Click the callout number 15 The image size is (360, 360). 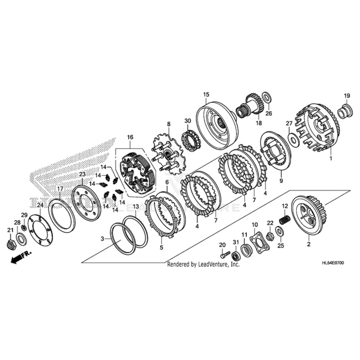(x=206, y=94)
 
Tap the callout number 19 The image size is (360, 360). (x=347, y=95)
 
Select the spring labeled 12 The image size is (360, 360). (x=284, y=219)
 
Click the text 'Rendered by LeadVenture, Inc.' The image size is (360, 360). (x=203, y=265)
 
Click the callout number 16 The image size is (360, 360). (x=130, y=137)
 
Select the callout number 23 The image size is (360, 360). (x=82, y=174)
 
